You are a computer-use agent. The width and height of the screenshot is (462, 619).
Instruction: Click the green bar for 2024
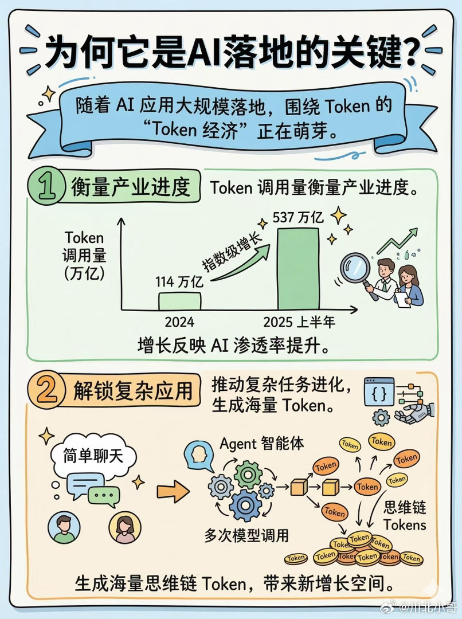[179, 300]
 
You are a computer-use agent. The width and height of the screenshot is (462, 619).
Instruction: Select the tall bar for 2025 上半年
[299, 268]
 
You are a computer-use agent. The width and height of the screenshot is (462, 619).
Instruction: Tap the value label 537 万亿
[299, 218]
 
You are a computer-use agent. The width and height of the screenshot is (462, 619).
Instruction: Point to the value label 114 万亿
[179, 282]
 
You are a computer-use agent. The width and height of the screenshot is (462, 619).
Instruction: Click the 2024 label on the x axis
[179, 322]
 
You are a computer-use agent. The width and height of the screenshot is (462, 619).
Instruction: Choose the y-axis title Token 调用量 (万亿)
[84, 255]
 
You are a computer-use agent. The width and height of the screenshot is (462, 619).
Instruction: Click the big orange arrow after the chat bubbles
[173, 490]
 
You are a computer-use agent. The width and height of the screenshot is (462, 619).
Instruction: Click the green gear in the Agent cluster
[248, 473]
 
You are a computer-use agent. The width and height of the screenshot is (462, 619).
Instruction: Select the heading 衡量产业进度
[131, 187]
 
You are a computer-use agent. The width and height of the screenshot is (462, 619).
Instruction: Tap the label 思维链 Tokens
[405, 516]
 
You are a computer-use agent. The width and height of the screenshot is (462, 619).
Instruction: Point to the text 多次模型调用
[246, 536]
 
